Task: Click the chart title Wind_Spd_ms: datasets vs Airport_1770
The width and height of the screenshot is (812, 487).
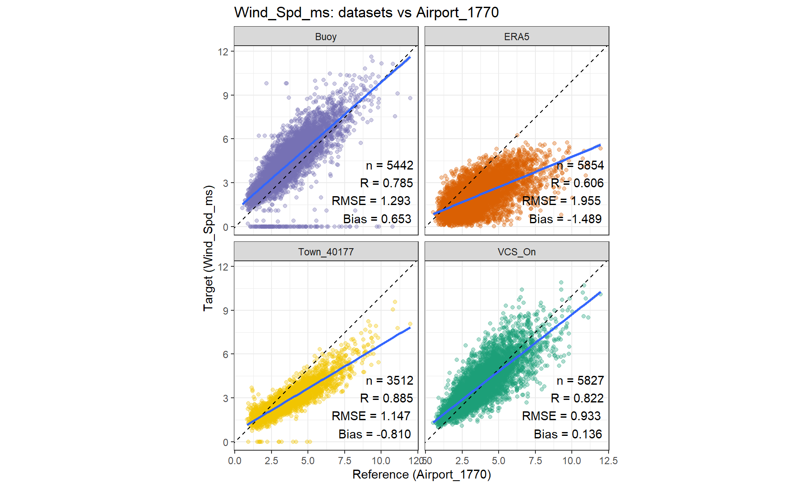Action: pos(366,13)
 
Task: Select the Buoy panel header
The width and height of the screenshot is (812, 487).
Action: pos(326,37)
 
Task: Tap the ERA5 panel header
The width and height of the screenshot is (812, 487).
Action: pos(516,37)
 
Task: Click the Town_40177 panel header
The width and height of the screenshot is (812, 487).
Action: pos(326,252)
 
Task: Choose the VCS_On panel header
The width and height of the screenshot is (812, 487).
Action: pos(516,252)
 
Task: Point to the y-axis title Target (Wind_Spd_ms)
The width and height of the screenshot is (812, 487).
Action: pos(208,248)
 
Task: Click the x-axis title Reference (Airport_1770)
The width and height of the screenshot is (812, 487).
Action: pos(422,474)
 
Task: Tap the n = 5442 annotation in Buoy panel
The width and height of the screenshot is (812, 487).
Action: pos(390,165)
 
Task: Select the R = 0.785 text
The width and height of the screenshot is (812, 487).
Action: pos(387,183)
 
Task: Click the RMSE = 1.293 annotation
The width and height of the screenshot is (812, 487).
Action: pos(371,201)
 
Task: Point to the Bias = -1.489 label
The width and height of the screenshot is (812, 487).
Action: pos(565,219)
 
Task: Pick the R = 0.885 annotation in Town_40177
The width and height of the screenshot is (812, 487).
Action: pos(387,398)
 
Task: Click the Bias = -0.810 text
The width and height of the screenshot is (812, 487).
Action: pos(375,434)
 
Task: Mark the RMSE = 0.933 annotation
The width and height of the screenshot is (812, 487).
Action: pos(561,416)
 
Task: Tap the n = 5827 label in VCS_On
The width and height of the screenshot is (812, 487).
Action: pos(580,380)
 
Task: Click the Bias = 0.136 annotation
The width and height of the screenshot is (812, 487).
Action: pos(568,434)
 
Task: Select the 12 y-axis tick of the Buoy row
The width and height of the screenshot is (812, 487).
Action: pos(223,52)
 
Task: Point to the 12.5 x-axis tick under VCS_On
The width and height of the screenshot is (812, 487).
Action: pos(608,461)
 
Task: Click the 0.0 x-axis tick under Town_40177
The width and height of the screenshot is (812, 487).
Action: pos(235,461)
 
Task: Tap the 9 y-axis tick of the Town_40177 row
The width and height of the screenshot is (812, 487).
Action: pos(225,311)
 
